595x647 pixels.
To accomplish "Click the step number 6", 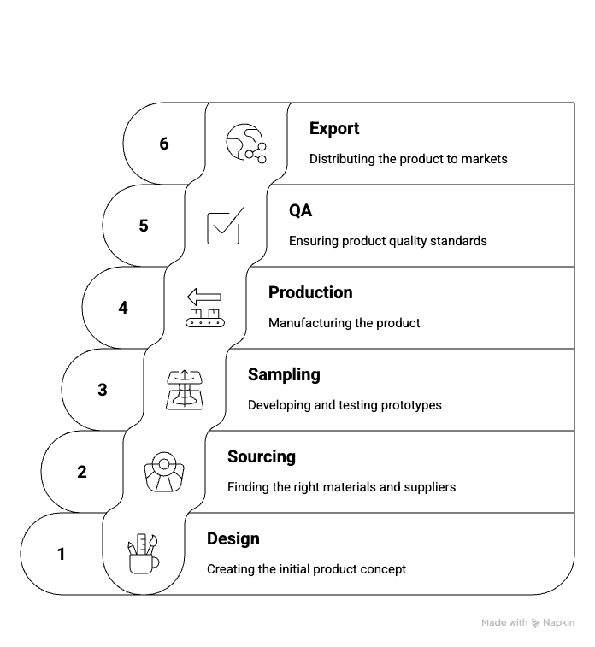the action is (x=164, y=144).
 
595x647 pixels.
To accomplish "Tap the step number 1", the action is (x=61, y=554).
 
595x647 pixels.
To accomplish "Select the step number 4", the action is (x=123, y=308).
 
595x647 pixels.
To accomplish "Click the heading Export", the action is (x=334, y=129).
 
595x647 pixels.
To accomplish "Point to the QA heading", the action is (x=300, y=210).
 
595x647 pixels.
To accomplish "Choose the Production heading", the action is (x=310, y=292).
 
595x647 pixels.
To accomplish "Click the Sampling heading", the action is (x=284, y=375).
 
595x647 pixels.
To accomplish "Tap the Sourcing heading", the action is (x=262, y=457).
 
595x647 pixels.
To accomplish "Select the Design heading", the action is (x=233, y=539).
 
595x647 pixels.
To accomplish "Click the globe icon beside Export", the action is (x=246, y=144).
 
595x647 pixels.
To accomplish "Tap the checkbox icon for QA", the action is (x=226, y=226).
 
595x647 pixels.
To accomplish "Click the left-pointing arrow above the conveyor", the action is (x=204, y=297).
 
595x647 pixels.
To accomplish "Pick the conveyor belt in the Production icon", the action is (x=205, y=322).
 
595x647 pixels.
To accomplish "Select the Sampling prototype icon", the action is (x=185, y=390).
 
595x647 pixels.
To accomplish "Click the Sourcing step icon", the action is (x=164, y=472).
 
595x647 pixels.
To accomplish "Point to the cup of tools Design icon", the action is (x=143, y=554).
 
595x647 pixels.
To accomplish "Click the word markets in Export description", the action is (x=485, y=159).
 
